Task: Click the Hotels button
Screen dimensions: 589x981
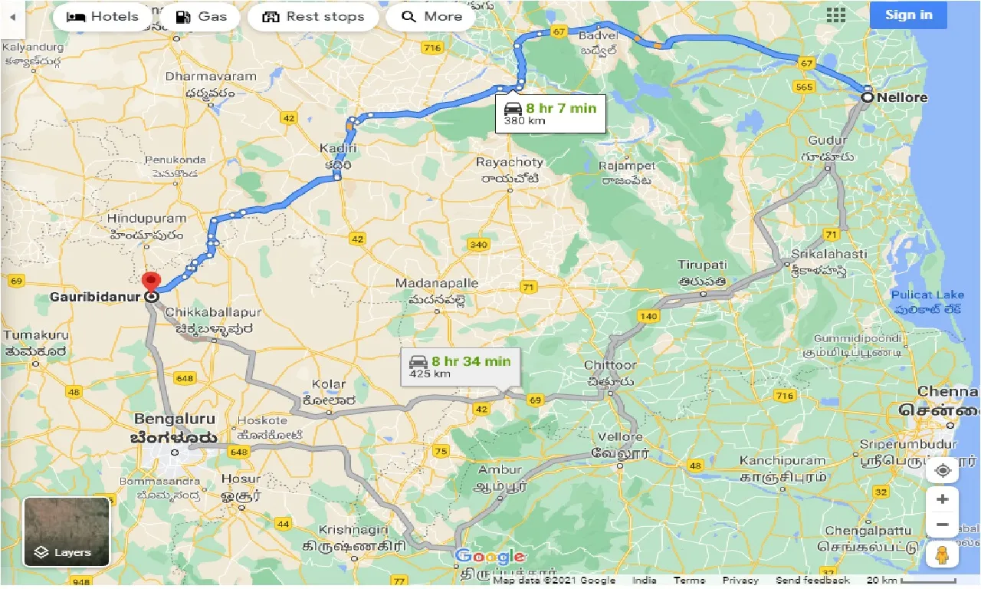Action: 103,17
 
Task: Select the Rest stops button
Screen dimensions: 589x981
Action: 313,17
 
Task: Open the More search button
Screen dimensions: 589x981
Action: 431,17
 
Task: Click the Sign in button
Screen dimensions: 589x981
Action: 908,15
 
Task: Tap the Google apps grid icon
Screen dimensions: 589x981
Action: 835,15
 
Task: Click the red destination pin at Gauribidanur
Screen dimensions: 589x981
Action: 151,282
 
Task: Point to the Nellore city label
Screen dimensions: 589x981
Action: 903,97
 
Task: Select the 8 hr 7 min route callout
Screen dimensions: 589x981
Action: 550,114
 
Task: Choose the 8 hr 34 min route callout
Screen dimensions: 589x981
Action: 460,367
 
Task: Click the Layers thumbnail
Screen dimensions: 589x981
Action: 66,531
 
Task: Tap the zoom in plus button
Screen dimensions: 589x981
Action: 942,499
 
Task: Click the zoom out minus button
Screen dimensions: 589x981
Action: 942,525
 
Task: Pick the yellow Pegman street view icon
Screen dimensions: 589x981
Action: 942,554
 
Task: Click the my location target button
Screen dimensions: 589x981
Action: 942,469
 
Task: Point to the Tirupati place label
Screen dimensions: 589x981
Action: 702,265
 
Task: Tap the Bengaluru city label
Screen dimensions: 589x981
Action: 175,420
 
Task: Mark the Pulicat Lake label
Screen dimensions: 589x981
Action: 927,295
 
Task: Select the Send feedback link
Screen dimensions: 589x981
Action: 812,581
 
